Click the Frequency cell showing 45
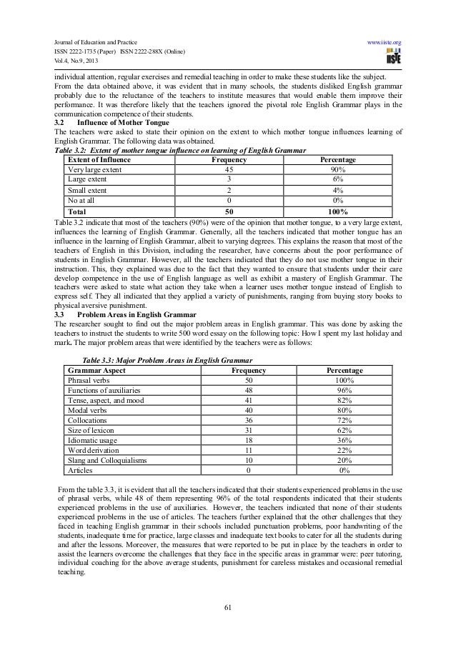(x=229, y=170)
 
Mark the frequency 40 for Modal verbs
(x=248, y=411)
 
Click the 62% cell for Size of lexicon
(x=344, y=431)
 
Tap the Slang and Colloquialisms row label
(x=106, y=461)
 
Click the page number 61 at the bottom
(x=228, y=608)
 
